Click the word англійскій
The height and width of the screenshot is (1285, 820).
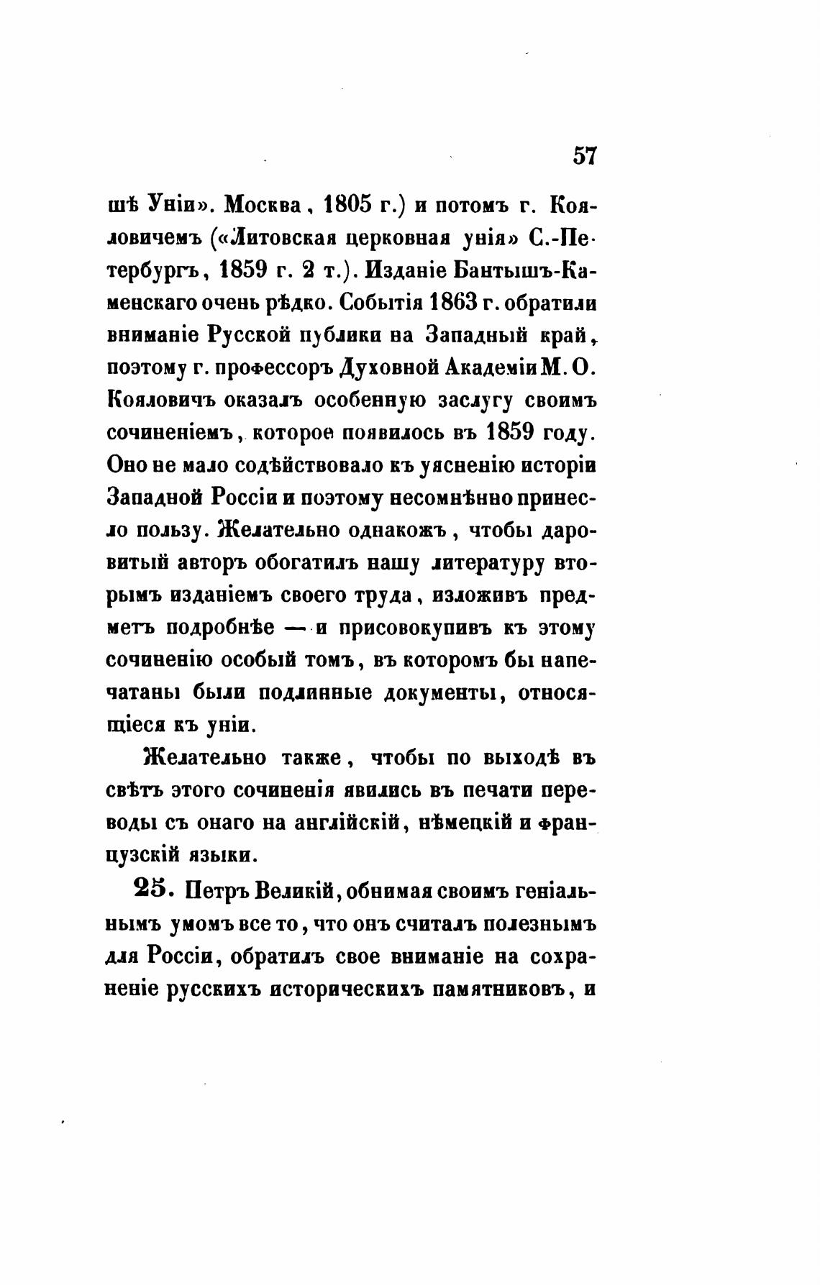(347, 823)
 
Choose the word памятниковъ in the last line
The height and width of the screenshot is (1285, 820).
(501, 987)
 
